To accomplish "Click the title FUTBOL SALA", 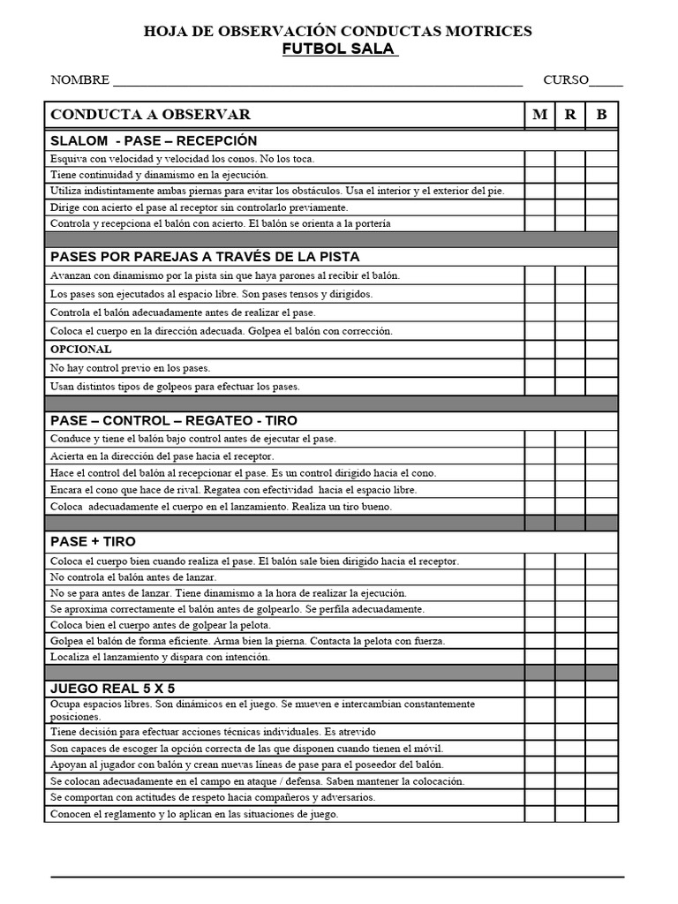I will coord(339,49).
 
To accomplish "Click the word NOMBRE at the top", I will coord(80,80).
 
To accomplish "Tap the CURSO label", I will coord(566,80).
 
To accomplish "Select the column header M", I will coord(539,115).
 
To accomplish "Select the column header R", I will coord(570,115).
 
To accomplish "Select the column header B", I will coord(601,115).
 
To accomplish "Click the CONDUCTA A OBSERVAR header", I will coord(150,115).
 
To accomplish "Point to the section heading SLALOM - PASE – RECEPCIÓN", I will coord(154,141).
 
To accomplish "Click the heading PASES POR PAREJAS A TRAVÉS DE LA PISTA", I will coord(205,257).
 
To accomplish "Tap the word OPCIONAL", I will coord(81,350).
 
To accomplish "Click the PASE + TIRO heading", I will coord(93,541).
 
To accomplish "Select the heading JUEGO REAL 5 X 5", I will coord(118,688).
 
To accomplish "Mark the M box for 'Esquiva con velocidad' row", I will coord(539,159).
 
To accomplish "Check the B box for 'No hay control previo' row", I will coord(601,368).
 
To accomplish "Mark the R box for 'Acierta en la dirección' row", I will coord(570,456).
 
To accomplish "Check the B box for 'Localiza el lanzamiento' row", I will coord(601,657).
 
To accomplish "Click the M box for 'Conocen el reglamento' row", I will coord(539,814).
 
